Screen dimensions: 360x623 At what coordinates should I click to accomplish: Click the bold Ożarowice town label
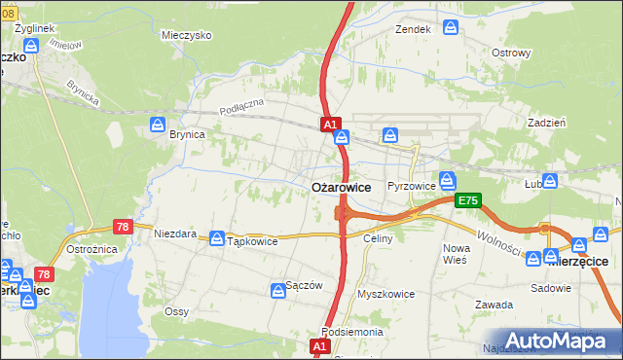(x=340, y=187)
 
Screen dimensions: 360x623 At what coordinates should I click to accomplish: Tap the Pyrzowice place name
(x=409, y=185)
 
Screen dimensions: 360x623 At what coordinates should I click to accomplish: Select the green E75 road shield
(x=467, y=200)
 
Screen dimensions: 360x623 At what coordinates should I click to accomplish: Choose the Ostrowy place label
(x=511, y=53)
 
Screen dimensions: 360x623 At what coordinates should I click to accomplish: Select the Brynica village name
(x=187, y=135)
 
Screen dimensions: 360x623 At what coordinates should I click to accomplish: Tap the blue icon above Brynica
(x=158, y=125)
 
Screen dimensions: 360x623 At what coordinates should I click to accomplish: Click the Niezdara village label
(x=175, y=234)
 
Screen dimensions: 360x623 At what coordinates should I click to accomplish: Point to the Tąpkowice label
(x=252, y=241)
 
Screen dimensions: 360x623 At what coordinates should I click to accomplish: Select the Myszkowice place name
(x=385, y=293)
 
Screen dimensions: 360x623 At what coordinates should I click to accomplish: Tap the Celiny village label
(x=377, y=238)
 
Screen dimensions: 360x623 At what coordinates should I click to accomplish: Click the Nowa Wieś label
(x=456, y=254)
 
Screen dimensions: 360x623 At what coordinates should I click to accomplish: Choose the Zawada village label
(x=494, y=305)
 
